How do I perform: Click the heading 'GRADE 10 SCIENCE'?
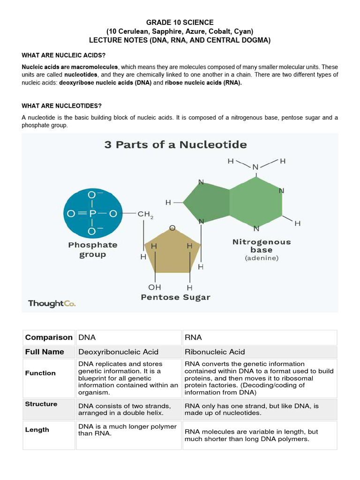[x=180, y=22]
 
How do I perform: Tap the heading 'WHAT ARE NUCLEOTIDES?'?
[x=61, y=106]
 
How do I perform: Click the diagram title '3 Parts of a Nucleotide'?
[x=175, y=144]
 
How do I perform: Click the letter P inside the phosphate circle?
[x=92, y=213]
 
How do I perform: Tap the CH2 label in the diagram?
[x=145, y=214]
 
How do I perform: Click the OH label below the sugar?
[x=155, y=287]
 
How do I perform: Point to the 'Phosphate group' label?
[x=93, y=250]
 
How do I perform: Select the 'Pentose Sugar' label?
[x=176, y=297]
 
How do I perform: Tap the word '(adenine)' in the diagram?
[x=262, y=258]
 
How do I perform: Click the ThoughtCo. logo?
[x=52, y=303]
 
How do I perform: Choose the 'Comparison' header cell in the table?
[x=49, y=337]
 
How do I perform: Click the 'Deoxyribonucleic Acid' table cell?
[x=118, y=352]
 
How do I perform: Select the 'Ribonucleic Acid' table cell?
[x=215, y=352]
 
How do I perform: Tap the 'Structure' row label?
[x=41, y=404]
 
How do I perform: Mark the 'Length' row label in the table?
[x=37, y=430]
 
